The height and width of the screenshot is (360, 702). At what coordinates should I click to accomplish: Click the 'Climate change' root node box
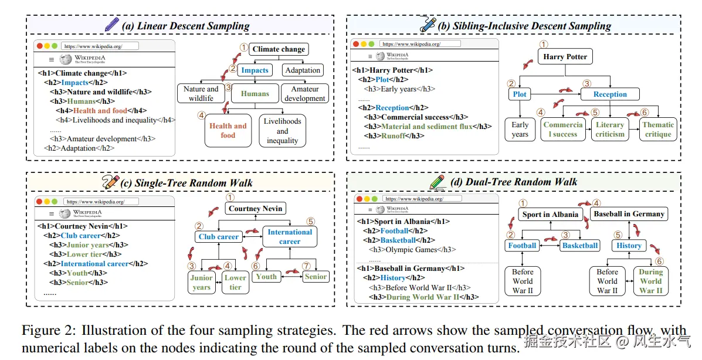point(279,49)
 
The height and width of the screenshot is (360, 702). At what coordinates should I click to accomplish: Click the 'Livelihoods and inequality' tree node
point(282,131)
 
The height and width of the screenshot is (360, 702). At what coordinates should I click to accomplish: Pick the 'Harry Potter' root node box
point(565,57)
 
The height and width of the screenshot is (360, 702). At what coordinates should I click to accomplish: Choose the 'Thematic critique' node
point(657,129)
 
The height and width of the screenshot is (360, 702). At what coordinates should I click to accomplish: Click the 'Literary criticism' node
point(610,129)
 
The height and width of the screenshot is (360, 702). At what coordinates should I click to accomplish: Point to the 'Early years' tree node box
point(520,129)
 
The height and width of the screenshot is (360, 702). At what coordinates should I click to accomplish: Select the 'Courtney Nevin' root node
point(256,209)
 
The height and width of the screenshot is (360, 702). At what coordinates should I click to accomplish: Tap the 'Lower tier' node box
point(235,283)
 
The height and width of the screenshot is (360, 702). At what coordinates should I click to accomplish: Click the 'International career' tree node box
point(290,236)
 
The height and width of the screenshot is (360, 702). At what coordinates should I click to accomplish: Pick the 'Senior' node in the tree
point(316,277)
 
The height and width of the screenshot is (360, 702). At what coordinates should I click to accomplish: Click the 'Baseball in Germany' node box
point(629,214)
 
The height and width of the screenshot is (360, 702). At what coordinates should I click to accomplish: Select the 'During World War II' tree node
point(650,281)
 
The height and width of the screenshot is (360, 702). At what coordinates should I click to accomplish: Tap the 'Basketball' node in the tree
point(579,246)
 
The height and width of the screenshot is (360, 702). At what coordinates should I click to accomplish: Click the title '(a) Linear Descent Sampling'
point(185,26)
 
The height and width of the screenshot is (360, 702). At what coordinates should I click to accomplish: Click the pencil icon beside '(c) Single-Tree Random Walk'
point(110,182)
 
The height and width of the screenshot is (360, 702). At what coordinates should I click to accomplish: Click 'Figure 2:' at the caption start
point(44,331)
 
